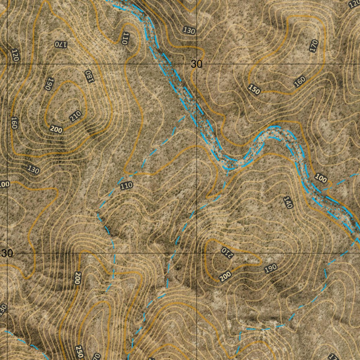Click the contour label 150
(254, 90)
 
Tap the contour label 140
(288, 202)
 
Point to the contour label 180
(89, 76)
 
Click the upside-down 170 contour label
(60, 44)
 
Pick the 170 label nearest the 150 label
(314, 46)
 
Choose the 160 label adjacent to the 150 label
(300, 82)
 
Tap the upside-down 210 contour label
(227, 252)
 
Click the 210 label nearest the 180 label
(75, 116)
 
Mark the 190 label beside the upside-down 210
(271, 269)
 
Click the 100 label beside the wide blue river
(321, 178)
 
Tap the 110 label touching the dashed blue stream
(126, 186)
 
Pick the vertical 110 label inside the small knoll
(124, 38)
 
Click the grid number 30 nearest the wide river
(197, 64)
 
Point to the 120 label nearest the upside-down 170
(14, 55)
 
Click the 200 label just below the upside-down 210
(225, 277)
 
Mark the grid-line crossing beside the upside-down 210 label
(196, 253)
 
